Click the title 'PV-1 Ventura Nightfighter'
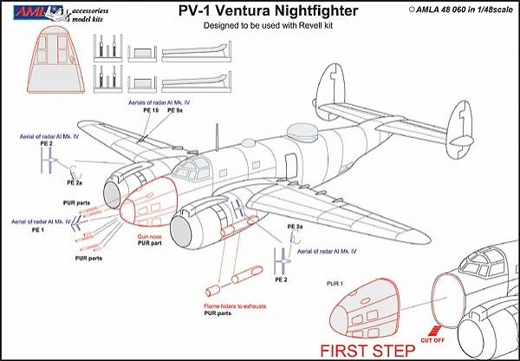tap(259, 13)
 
